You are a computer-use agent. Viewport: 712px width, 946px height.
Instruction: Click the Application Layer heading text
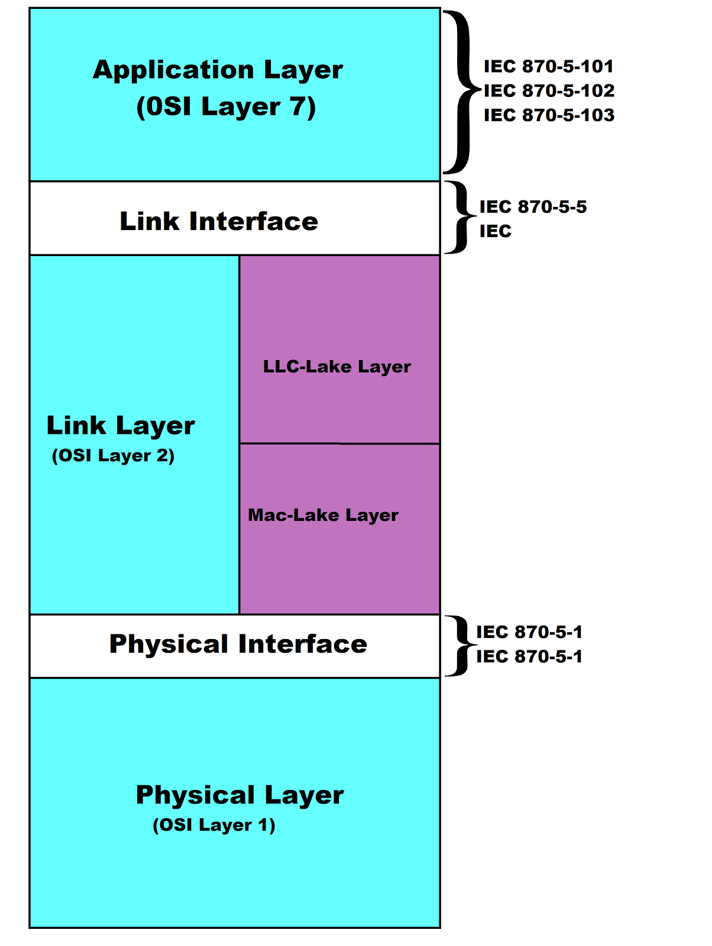click(218, 70)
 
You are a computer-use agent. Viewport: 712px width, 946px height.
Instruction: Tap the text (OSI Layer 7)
click(226, 107)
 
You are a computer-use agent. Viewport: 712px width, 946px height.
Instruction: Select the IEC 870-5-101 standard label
click(548, 66)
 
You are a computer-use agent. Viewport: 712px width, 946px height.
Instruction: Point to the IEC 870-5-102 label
click(549, 90)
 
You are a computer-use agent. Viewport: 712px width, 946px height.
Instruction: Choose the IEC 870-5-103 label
click(549, 115)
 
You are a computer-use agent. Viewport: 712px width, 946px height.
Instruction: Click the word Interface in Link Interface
click(254, 222)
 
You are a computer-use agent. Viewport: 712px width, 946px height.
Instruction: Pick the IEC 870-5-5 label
click(533, 207)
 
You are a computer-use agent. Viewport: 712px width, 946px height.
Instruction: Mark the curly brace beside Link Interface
click(459, 218)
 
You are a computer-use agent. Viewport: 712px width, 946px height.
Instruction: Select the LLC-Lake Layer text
click(336, 367)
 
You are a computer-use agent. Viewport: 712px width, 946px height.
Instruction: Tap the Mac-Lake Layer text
click(323, 515)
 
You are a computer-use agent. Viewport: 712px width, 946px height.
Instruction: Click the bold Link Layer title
click(121, 426)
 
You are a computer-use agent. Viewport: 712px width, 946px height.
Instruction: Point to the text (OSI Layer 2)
click(113, 456)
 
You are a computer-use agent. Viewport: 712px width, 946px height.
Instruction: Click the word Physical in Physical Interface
click(169, 644)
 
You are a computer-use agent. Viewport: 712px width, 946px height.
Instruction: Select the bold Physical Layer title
click(240, 795)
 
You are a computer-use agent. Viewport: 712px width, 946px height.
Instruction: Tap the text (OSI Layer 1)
click(214, 825)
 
